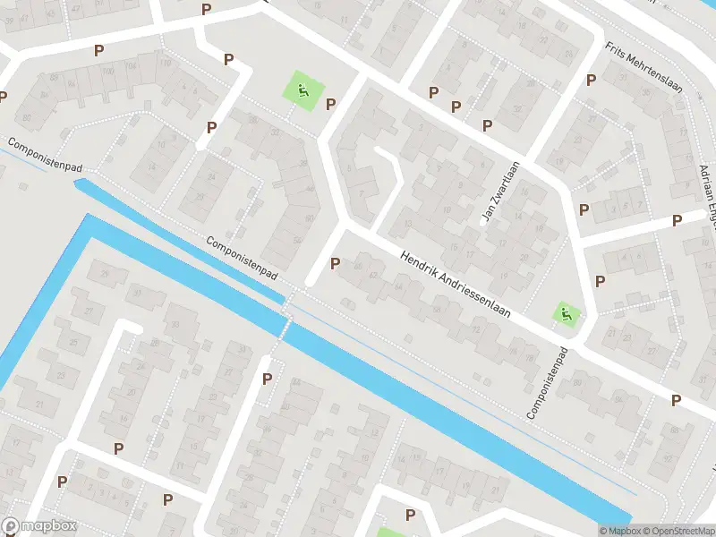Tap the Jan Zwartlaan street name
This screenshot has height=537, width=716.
pos(500,192)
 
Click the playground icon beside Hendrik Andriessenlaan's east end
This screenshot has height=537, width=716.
pos(566,313)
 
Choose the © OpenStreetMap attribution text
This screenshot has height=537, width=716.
pos(679,531)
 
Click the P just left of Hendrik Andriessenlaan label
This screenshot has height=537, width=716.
pos(335,263)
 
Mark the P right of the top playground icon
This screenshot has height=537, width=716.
pos(330,103)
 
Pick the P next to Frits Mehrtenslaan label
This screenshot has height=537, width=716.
pos(591,80)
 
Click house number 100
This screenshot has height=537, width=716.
pos(107,70)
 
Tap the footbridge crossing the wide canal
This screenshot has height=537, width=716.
pos(287,313)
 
